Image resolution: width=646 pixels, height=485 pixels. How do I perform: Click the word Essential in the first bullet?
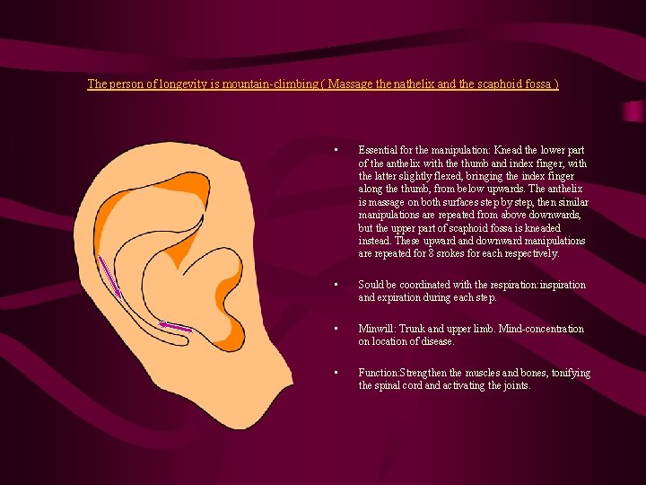[x=380, y=151]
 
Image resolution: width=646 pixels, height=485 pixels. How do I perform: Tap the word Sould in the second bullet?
[x=372, y=285]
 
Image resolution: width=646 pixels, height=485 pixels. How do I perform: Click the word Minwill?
[x=378, y=329]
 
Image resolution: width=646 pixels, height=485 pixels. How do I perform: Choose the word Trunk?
[x=423, y=329]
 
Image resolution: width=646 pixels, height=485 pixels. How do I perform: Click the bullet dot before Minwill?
[x=334, y=329]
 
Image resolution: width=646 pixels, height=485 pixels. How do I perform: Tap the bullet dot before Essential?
[x=334, y=151]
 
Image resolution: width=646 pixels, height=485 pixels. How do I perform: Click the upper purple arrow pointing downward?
[x=110, y=276]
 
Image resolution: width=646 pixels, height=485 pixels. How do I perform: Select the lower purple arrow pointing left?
[x=175, y=326]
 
